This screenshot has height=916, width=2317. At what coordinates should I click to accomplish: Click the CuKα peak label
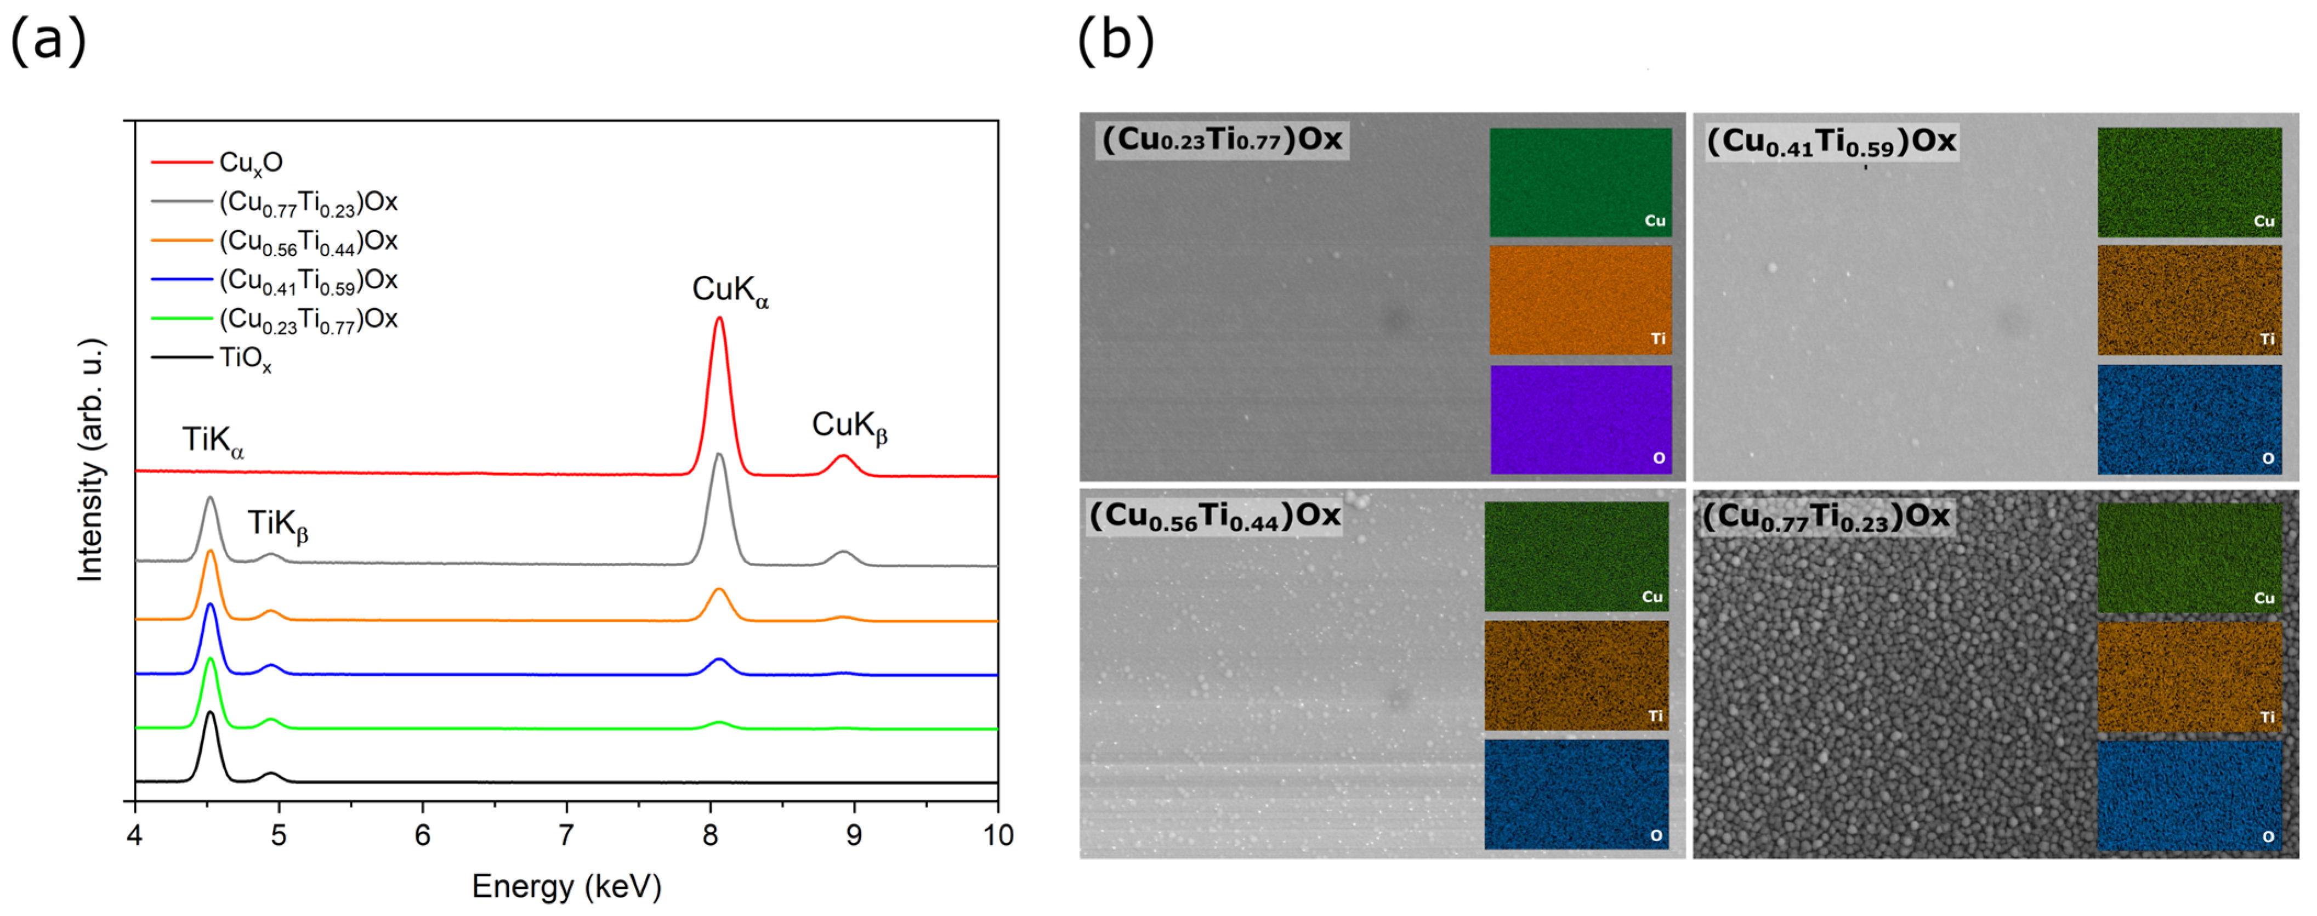click(x=729, y=291)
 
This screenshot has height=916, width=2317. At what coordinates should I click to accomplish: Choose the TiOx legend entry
click(x=245, y=359)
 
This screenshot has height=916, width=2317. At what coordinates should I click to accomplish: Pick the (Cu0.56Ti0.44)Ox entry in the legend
click(x=308, y=242)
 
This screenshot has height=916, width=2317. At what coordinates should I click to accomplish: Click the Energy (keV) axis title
click(x=567, y=887)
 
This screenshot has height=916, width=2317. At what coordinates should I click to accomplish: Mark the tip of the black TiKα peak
click(x=211, y=713)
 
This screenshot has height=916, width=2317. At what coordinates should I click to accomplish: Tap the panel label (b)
click(x=1115, y=41)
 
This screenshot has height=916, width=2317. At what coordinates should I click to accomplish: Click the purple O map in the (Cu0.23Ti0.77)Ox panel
click(x=1580, y=419)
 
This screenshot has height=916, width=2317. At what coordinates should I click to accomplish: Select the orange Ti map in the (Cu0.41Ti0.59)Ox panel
click(x=2189, y=301)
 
